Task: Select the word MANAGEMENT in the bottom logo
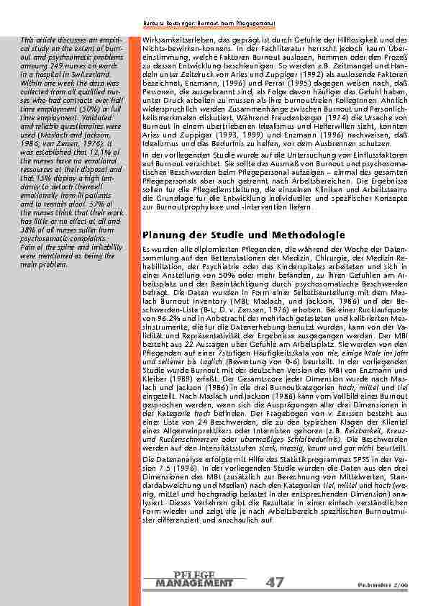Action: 194,583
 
